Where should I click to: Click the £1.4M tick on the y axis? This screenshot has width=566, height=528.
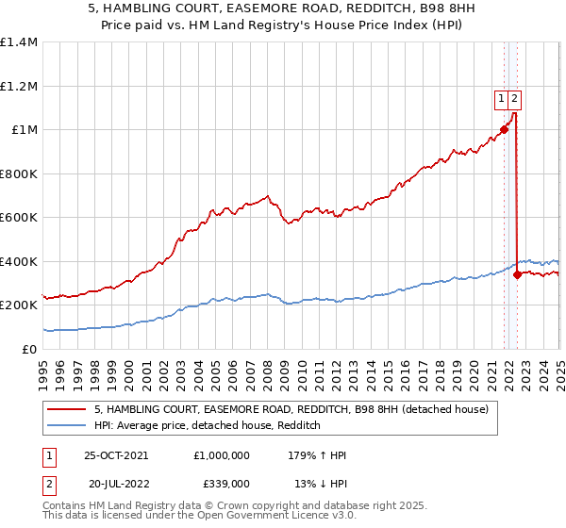pos(18,42)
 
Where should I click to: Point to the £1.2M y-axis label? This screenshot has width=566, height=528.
pos(18,86)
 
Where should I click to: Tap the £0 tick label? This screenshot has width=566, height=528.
pos(28,349)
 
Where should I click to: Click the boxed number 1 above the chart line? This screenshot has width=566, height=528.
pos(503,96)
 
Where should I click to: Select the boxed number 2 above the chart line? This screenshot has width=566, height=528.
pos(515,96)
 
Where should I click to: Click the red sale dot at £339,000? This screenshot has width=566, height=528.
pos(517,275)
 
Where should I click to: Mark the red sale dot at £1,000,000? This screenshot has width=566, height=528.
pos(504,130)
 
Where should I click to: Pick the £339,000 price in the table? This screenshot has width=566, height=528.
pos(221,483)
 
